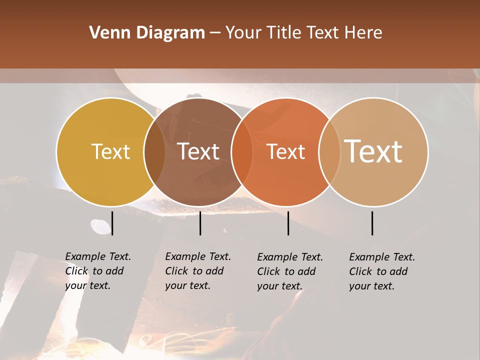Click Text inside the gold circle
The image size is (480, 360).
click(x=110, y=151)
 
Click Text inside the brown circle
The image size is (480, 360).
click(x=198, y=151)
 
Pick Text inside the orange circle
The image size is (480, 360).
click(x=285, y=151)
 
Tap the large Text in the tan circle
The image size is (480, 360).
click(x=373, y=151)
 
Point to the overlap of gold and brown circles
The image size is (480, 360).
click(x=154, y=151)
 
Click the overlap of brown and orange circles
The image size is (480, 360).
click(x=242, y=151)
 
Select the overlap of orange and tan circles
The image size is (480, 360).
click(x=329, y=151)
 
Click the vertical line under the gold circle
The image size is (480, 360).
click(x=112, y=223)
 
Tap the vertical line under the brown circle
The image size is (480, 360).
click(x=200, y=223)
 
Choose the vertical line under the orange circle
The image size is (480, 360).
click(x=288, y=223)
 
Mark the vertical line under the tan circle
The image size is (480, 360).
click(x=372, y=223)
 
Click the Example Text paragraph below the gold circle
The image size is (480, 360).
click(x=97, y=271)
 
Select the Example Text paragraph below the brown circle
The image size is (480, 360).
click(x=197, y=271)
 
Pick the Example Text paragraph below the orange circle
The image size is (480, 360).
click(x=289, y=271)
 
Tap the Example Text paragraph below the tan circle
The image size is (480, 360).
click(x=381, y=271)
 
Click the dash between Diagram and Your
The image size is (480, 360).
click(x=215, y=33)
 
